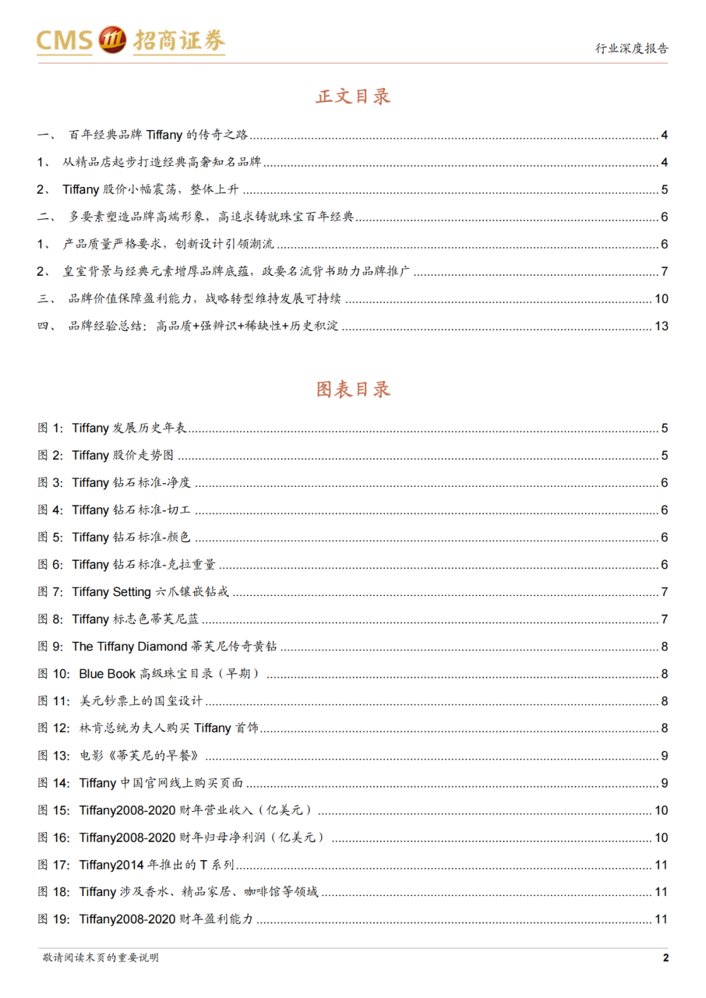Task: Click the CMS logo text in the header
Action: (64, 41)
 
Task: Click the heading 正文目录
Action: (353, 97)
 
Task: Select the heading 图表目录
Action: (353, 390)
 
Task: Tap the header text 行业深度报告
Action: (631, 48)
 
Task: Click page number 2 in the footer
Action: (665, 957)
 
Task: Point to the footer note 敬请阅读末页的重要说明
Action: (101, 957)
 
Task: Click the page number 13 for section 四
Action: (661, 326)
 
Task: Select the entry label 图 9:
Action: (50, 646)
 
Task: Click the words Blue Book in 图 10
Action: (107, 674)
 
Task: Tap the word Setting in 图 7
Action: (131, 592)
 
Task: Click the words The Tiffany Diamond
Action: (129, 646)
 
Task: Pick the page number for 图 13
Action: (664, 756)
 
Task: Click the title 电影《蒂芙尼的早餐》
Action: (139, 756)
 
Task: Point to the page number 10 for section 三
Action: (661, 299)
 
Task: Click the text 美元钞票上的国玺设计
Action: (141, 701)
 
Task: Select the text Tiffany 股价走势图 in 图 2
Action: (123, 456)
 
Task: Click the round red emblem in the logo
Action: (112, 40)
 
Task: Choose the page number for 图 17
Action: (661, 865)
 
